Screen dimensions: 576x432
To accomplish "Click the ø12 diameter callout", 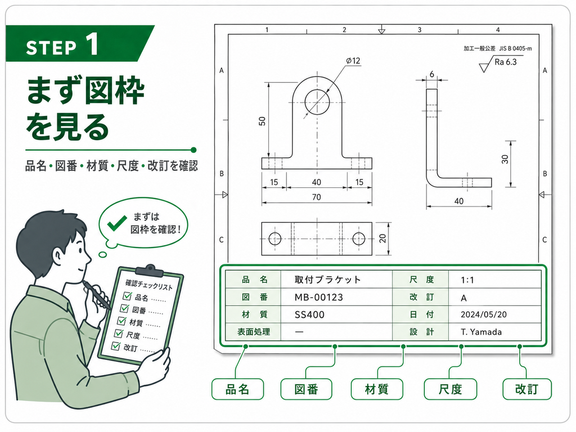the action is tap(353, 61).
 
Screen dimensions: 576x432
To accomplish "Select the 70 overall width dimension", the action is tap(316, 197).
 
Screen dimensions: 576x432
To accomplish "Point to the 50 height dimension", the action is tap(262, 121).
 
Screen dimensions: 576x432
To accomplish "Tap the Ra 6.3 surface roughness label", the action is tap(506, 62).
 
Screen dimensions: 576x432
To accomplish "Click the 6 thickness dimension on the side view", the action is tap(432, 74).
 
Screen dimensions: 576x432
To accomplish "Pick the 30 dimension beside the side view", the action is tap(505, 159).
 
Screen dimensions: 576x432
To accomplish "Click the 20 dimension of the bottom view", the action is tap(382, 238).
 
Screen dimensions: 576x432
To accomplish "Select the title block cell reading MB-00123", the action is tap(319, 297).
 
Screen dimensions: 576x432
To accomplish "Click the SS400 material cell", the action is tap(309, 315).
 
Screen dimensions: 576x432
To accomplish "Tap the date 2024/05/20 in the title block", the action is tap(483, 314).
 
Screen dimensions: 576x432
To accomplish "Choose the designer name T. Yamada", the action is tap(481, 332).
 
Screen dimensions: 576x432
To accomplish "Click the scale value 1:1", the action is tap(467, 280).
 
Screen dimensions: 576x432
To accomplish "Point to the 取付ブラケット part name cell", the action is tap(328, 280).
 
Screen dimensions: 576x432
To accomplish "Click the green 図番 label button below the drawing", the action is tap(307, 389).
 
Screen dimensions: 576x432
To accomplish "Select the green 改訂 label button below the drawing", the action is tap(526, 389).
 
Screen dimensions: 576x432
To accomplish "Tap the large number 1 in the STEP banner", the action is tap(92, 44).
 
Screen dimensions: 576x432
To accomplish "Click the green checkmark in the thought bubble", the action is tap(117, 223).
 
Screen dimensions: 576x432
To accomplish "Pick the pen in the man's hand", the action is tap(96, 295).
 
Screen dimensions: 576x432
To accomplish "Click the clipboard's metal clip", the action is tap(150, 271).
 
